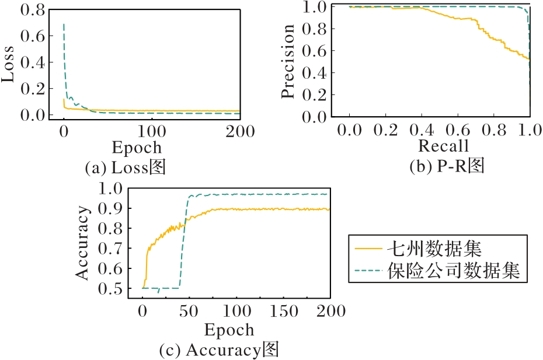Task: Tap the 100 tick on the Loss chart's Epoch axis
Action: click(151, 131)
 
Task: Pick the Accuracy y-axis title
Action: click(84, 242)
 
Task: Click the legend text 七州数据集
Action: click(434, 250)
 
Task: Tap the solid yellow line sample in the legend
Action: click(368, 250)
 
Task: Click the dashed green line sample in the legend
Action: click(368, 271)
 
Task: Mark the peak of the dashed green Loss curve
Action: click(63, 24)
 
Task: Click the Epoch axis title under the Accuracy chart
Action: click(229, 330)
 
